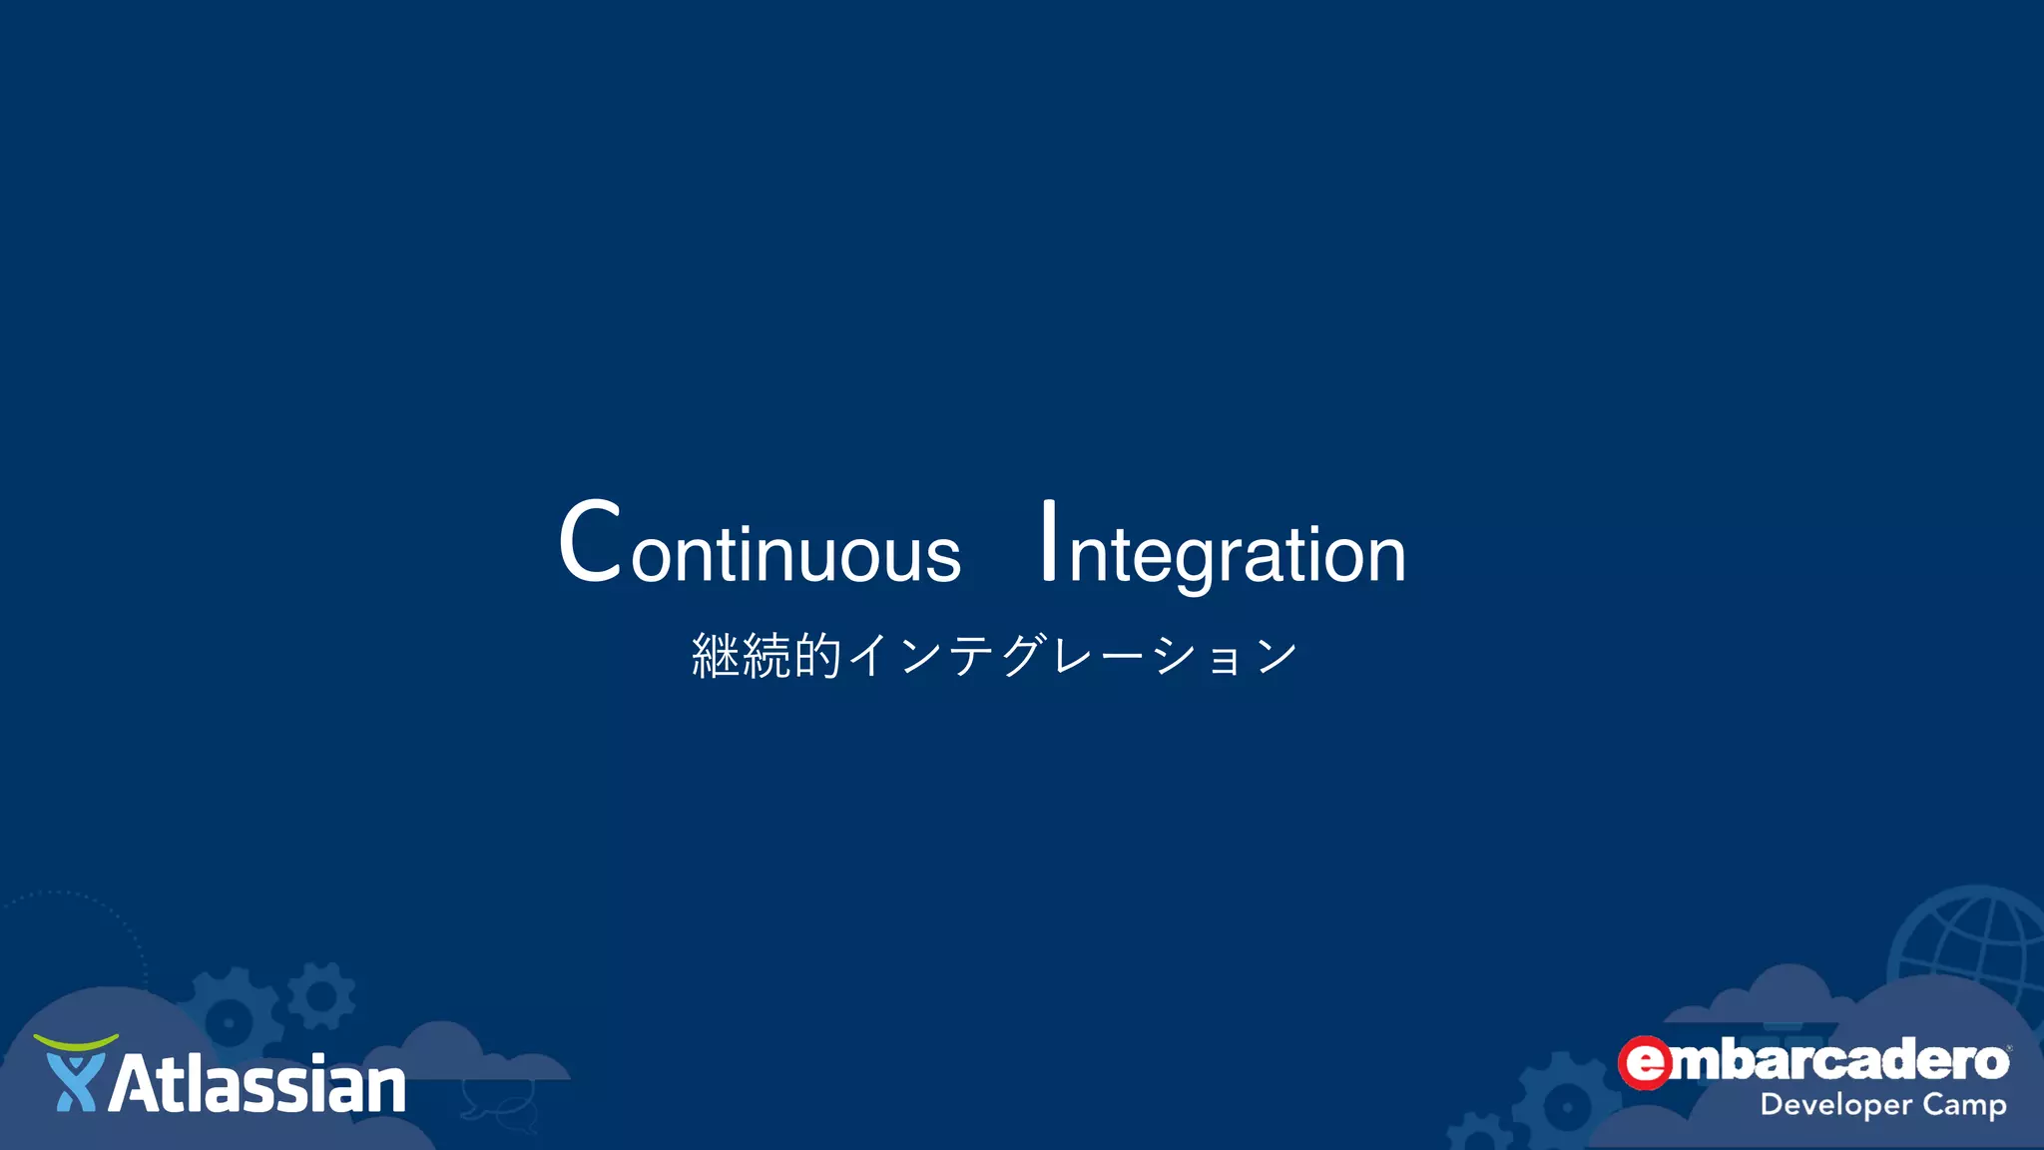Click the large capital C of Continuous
(x=590, y=541)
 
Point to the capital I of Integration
(x=1048, y=540)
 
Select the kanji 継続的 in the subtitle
(x=766, y=656)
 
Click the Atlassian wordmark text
(x=257, y=1085)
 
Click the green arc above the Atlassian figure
(x=76, y=1042)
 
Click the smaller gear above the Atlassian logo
(x=321, y=995)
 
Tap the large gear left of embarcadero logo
(x=1566, y=1104)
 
